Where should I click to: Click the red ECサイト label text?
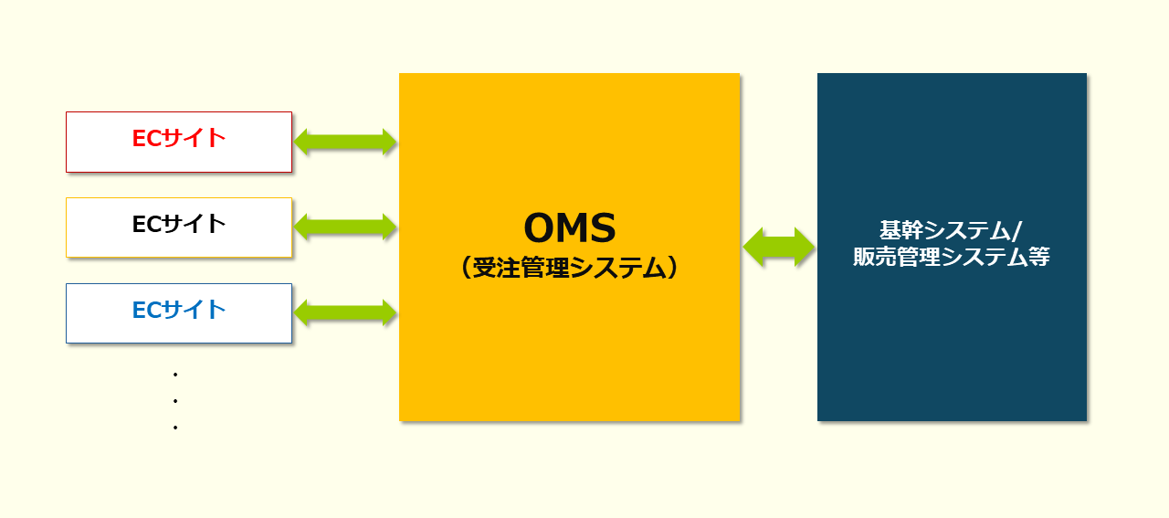179,138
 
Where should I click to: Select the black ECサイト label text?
179,224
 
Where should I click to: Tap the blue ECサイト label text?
179,310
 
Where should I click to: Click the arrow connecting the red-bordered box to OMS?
345,142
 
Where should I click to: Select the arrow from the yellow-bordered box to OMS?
345,227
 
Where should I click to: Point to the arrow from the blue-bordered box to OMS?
345,313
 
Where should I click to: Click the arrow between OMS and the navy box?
779,247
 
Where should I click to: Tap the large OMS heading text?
569,228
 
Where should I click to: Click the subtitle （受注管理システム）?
569,268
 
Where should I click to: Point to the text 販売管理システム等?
952,258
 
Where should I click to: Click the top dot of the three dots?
174,375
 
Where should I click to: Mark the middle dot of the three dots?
174,401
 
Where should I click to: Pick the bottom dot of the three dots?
174,428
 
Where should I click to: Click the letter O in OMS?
539,228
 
